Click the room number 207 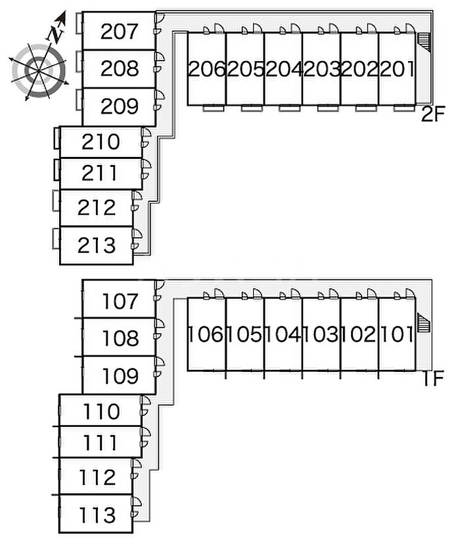[119, 31]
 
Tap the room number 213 [97, 246]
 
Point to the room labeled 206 [206, 68]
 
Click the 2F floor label [432, 116]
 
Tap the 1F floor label [432, 379]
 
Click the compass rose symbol [38, 67]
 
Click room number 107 [121, 302]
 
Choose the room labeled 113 [97, 514]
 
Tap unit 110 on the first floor [102, 412]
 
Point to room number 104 [283, 335]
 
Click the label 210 [101, 142]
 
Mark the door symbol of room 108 [159, 327]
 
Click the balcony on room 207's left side [80, 25]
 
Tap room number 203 [321, 68]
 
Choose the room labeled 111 [101, 443]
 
